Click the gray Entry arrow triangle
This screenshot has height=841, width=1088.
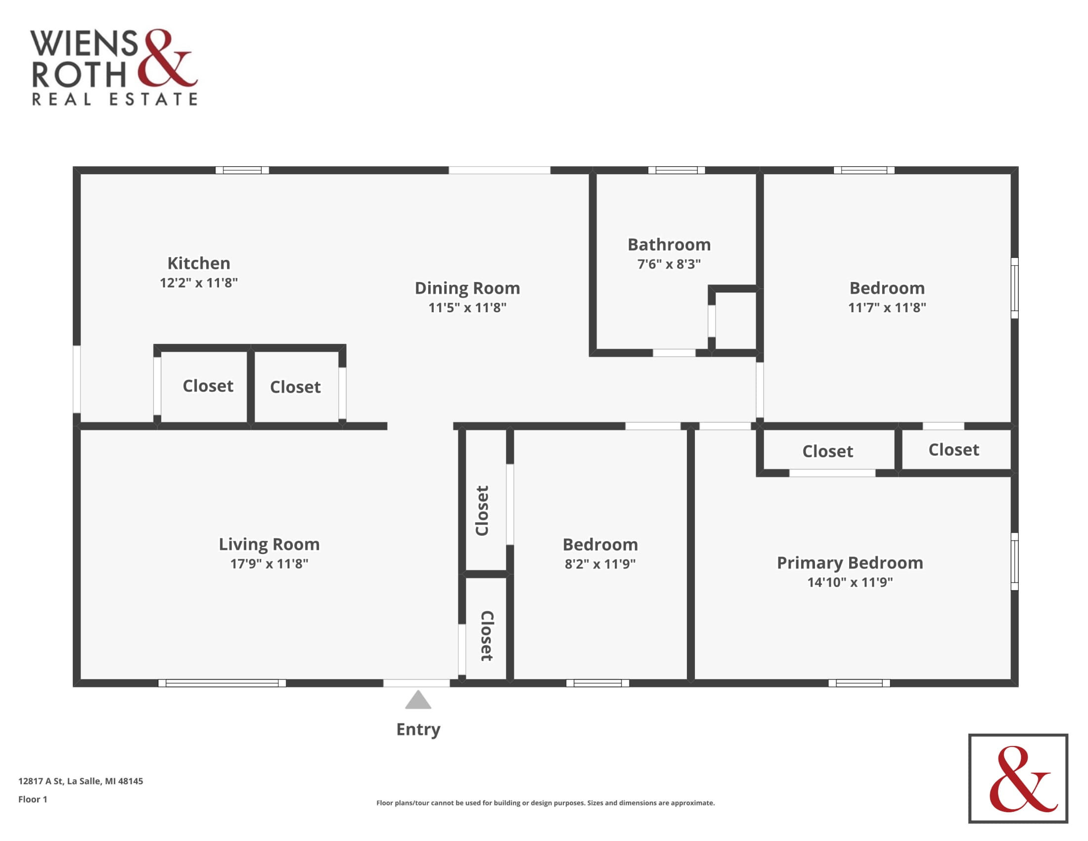tap(418, 700)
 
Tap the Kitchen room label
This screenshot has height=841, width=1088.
tap(199, 263)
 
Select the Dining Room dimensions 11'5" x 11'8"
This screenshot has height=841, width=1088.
tap(467, 307)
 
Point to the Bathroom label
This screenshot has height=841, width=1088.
tap(669, 244)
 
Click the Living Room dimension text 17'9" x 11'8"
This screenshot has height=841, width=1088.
tap(269, 563)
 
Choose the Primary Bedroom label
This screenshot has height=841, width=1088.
tap(850, 563)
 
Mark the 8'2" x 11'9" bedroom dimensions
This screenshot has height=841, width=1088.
tap(600, 564)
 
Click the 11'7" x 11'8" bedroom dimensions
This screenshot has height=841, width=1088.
tap(887, 307)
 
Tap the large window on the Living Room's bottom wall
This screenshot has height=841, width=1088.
tap(222, 683)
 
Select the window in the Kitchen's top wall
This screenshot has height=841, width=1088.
tap(242, 170)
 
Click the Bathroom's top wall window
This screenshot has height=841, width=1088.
tap(677, 170)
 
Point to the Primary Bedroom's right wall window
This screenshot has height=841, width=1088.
tap(1015, 561)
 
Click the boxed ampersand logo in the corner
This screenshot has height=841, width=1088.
tap(1018, 778)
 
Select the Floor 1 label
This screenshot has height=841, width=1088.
tap(33, 799)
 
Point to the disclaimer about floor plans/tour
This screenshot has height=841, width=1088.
tap(545, 802)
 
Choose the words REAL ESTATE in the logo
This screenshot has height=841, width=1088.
tap(115, 99)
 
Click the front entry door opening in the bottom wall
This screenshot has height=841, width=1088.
tap(416, 683)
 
